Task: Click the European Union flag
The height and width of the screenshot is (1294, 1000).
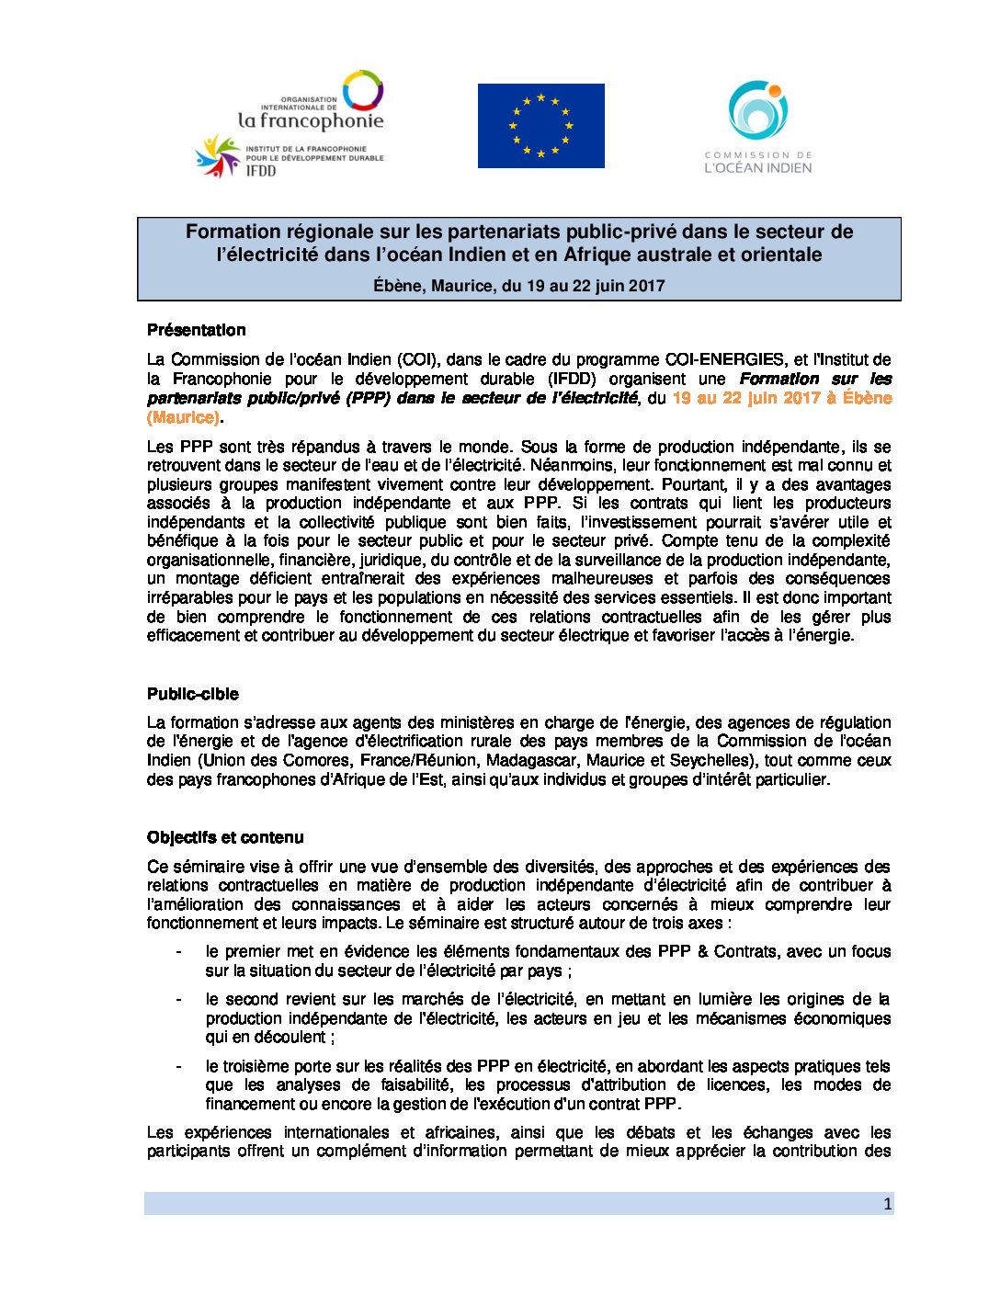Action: click(540, 126)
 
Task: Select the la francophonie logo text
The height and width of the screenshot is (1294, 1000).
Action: click(311, 120)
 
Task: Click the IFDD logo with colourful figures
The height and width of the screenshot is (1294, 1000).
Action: click(219, 156)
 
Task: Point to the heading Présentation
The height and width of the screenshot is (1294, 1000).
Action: click(196, 330)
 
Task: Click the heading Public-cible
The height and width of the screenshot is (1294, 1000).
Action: click(192, 694)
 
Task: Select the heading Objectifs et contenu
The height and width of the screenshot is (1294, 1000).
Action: click(224, 837)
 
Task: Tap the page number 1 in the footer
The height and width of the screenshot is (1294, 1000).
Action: click(887, 1204)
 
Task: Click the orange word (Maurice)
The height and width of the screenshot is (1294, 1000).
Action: click(183, 417)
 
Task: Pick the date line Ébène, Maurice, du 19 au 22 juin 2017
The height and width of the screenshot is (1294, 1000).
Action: click(518, 286)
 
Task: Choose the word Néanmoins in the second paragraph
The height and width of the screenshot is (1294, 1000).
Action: click(574, 465)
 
